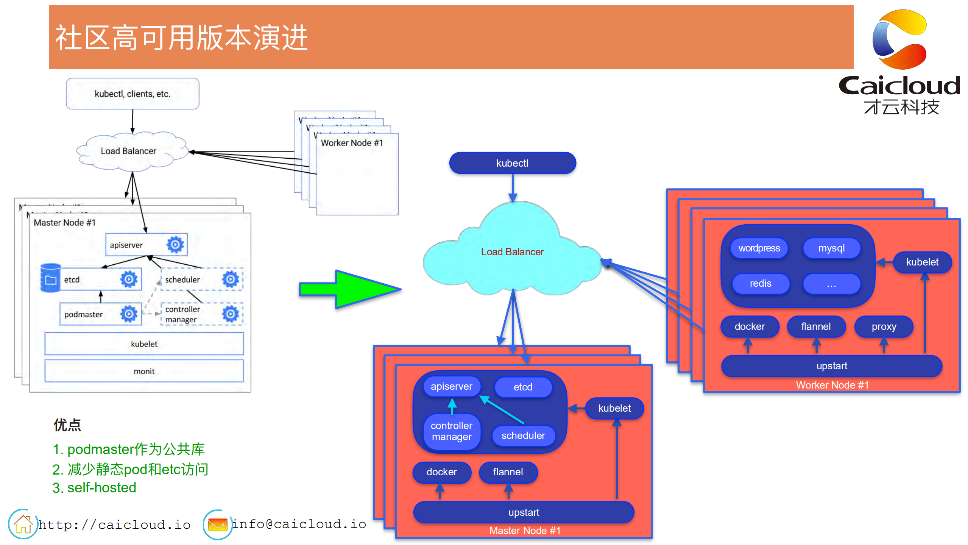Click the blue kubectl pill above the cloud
coord(512,163)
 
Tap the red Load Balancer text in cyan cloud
coord(512,252)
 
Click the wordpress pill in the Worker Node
coord(759,248)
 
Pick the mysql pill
coord(831,248)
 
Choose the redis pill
coord(760,284)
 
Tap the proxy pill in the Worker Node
coord(884,326)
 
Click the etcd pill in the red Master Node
coord(523,387)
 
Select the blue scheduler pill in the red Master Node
coord(523,436)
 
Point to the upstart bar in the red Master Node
coord(524,512)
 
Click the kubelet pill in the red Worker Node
coord(922,262)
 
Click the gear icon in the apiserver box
coord(175,245)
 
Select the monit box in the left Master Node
coord(144,371)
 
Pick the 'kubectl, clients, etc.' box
coord(132,94)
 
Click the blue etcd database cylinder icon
coord(50,278)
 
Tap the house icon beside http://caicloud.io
coord(23,524)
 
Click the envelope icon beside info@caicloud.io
coord(218,525)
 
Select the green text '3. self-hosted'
coord(94,488)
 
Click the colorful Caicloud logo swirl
coord(899,40)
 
